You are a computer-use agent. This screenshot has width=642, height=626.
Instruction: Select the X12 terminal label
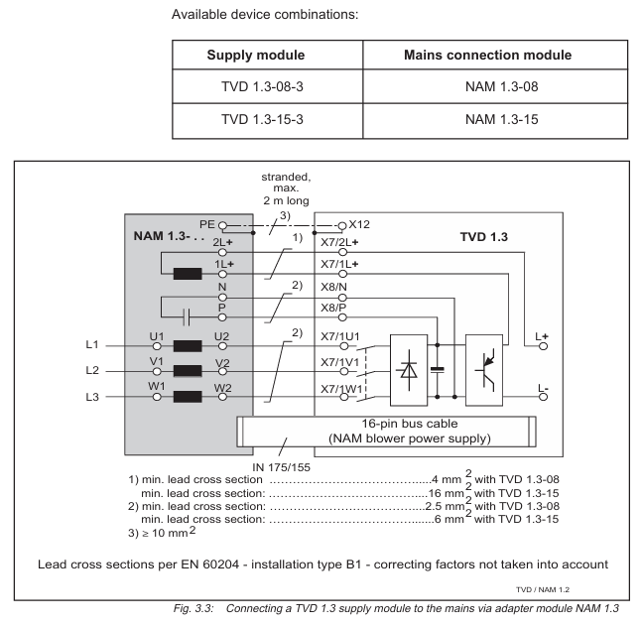(358, 225)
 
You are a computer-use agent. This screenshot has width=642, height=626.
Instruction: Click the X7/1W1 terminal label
(341, 387)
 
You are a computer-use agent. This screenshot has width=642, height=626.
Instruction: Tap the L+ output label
(542, 336)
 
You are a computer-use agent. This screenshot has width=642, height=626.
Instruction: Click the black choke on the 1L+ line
(188, 275)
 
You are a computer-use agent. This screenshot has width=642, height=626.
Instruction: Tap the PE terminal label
(205, 226)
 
